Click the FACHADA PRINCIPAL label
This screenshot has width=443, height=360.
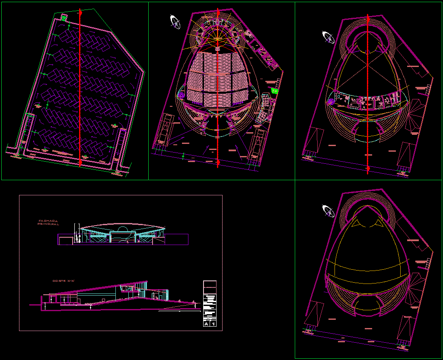(x=48, y=222)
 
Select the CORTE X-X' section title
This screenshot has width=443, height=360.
(x=64, y=281)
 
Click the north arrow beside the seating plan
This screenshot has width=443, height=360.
(x=175, y=22)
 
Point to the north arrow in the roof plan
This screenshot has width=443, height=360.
(x=328, y=211)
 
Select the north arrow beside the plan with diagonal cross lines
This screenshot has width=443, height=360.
(x=328, y=38)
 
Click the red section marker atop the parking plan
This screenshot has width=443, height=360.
(x=80, y=13)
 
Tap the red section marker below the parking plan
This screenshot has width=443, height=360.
(x=80, y=162)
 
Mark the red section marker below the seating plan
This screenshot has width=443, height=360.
(x=218, y=162)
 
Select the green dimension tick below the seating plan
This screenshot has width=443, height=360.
(x=183, y=155)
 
